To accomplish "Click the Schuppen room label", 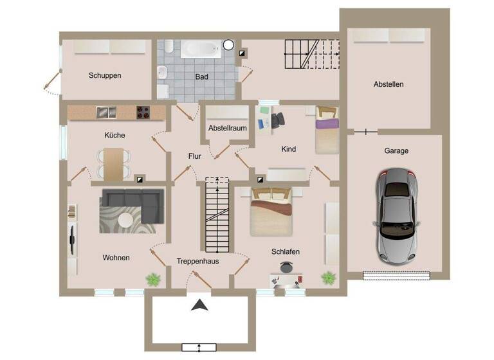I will (105, 75).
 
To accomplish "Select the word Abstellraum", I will (228, 128).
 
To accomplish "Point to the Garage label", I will (396, 151).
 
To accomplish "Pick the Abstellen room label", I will (389, 84).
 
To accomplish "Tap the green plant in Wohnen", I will (153, 279).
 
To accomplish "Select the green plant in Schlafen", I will (329, 278).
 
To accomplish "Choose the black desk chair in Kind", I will (278, 120).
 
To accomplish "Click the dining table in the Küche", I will (113, 164).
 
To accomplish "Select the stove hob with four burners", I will (143, 113).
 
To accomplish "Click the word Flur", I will (195, 156).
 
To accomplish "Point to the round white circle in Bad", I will (228, 45).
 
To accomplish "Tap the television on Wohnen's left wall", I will (73, 236).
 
